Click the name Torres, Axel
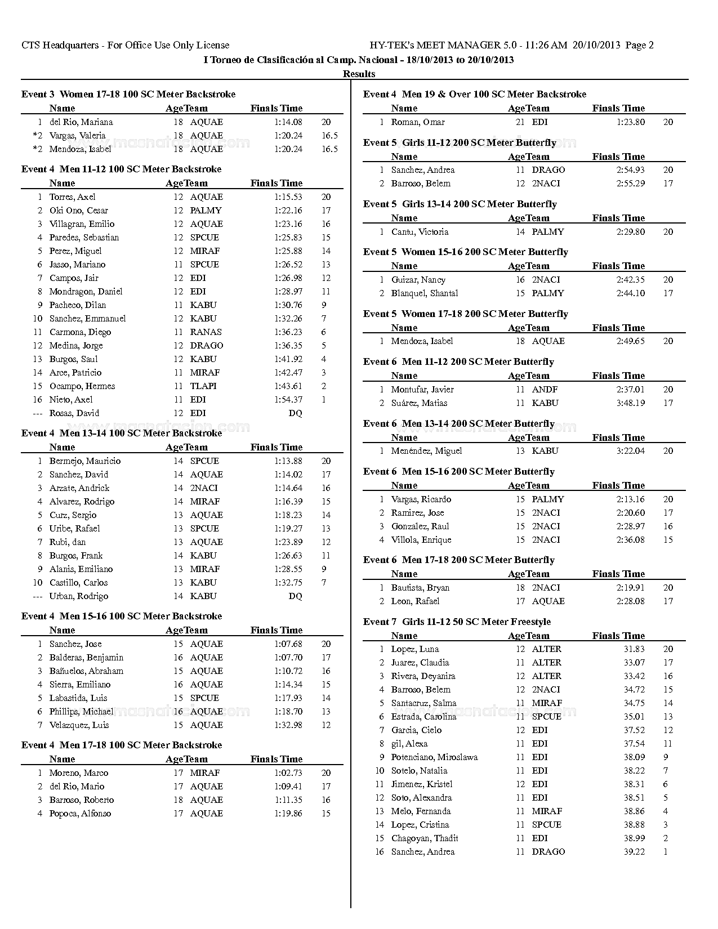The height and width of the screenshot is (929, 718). [72, 197]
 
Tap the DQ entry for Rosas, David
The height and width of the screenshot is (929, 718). [295, 413]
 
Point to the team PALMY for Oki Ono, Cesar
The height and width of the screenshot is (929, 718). [206, 211]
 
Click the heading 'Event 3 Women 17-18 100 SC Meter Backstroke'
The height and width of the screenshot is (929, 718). [128, 94]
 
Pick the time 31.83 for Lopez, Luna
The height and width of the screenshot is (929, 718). [634, 649]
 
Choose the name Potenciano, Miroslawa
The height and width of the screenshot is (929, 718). [434, 757]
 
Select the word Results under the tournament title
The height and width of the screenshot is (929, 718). [359, 74]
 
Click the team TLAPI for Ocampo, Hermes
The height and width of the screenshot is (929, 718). [203, 386]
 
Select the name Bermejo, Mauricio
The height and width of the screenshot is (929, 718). [85, 461]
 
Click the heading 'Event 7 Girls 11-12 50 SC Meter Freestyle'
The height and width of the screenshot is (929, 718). [457, 622]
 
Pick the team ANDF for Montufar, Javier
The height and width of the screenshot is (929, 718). [545, 390]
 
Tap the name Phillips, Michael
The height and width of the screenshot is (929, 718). [81, 712]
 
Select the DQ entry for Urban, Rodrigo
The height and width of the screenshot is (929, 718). [295, 596]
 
